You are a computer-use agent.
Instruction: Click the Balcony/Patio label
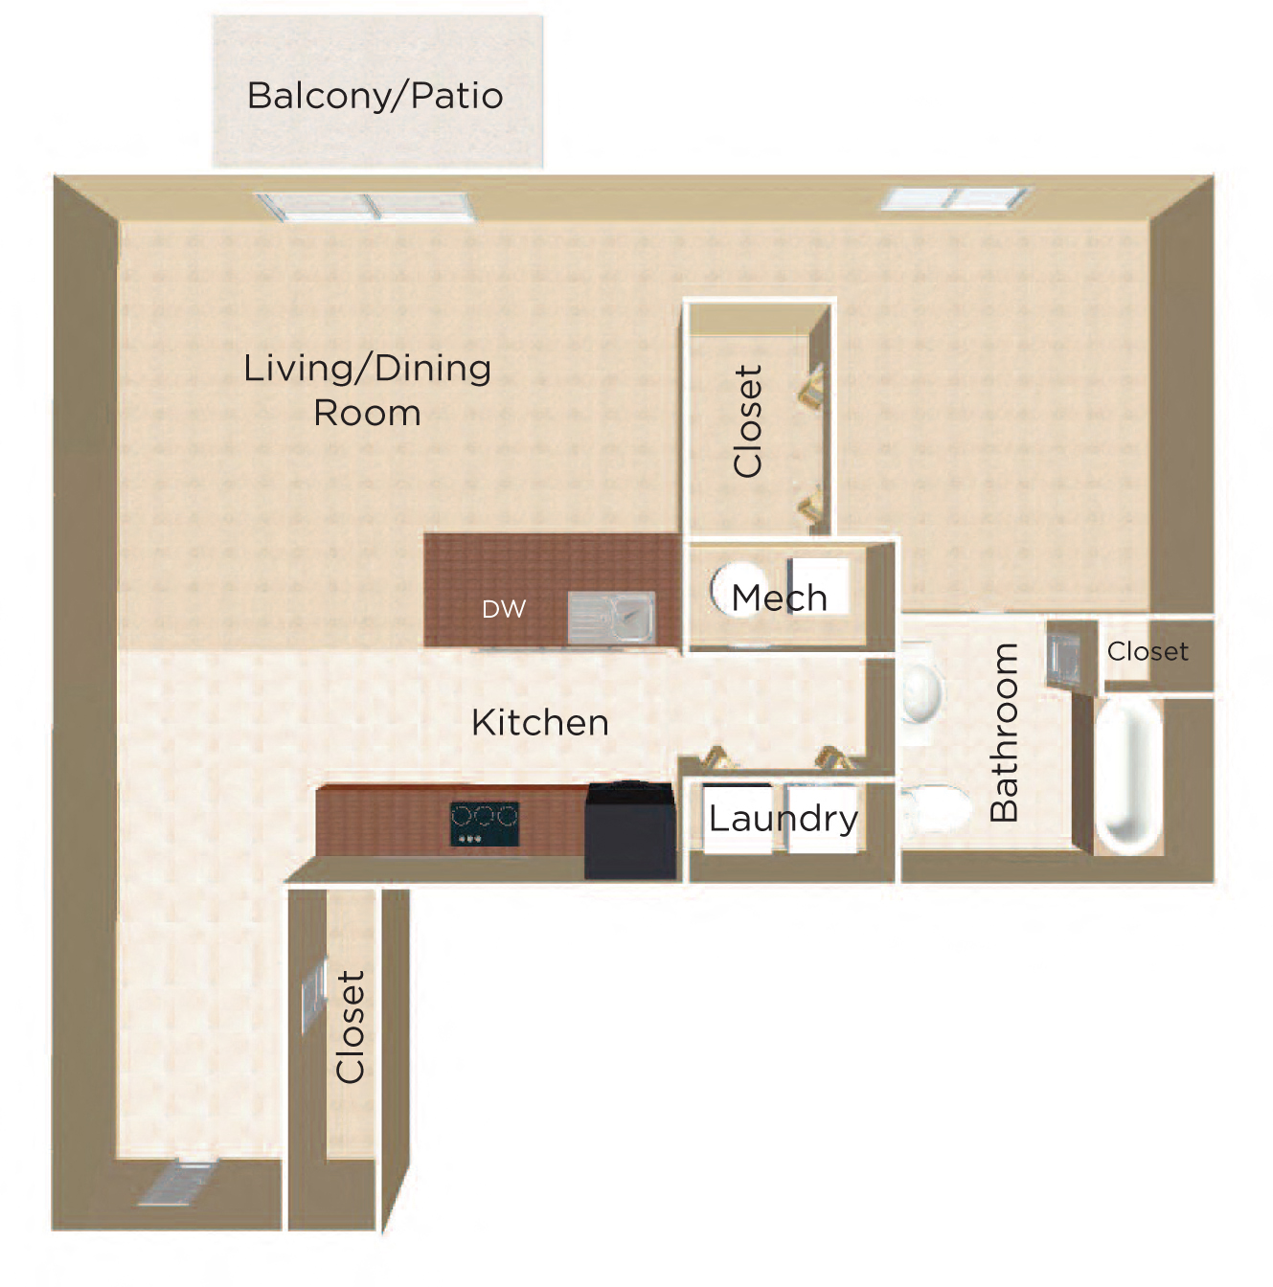(375, 96)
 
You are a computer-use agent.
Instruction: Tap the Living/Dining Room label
(367, 390)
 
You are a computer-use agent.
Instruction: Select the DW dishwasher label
(504, 609)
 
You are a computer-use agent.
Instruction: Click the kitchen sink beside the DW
(611, 617)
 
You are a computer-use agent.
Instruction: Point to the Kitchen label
(540, 723)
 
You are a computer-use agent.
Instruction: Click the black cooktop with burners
(485, 824)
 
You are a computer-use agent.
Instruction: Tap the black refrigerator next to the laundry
(630, 830)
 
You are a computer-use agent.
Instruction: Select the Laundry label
(783, 819)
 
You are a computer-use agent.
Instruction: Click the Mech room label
(779, 598)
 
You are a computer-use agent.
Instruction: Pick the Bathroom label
(1004, 732)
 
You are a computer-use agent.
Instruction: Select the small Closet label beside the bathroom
(1148, 652)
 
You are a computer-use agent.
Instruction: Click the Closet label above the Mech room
(747, 420)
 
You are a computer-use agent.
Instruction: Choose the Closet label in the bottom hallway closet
(351, 1027)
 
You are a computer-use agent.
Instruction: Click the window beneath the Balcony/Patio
(365, 207)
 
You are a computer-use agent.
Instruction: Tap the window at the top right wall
(956, 199)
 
